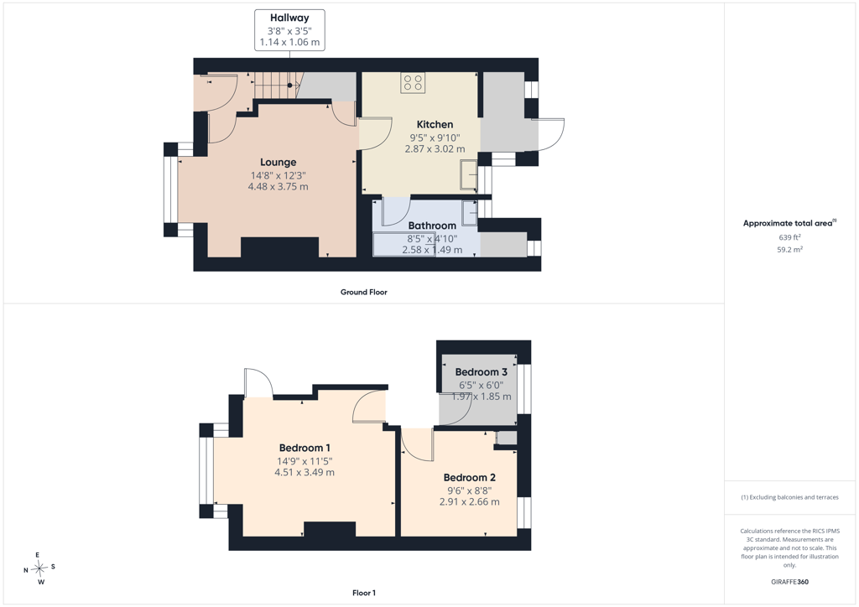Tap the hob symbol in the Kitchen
coord(413,83)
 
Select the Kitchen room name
coord(435,125)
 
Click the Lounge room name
coord(279,163)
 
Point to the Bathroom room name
coord(432,226)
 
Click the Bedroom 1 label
coord(305,448)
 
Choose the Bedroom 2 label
coord(470,478)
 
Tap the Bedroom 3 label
coord(481,372)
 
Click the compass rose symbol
coord(40,568)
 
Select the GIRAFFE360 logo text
coord(789,582)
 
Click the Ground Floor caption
coord(364,293)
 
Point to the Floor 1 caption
coord(364,593)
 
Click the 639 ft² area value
coord(789,237)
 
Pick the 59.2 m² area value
coord(789,250)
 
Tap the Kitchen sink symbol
coord(468,174)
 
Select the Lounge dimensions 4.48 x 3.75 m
coord(279,187)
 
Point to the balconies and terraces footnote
coord(789,497)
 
